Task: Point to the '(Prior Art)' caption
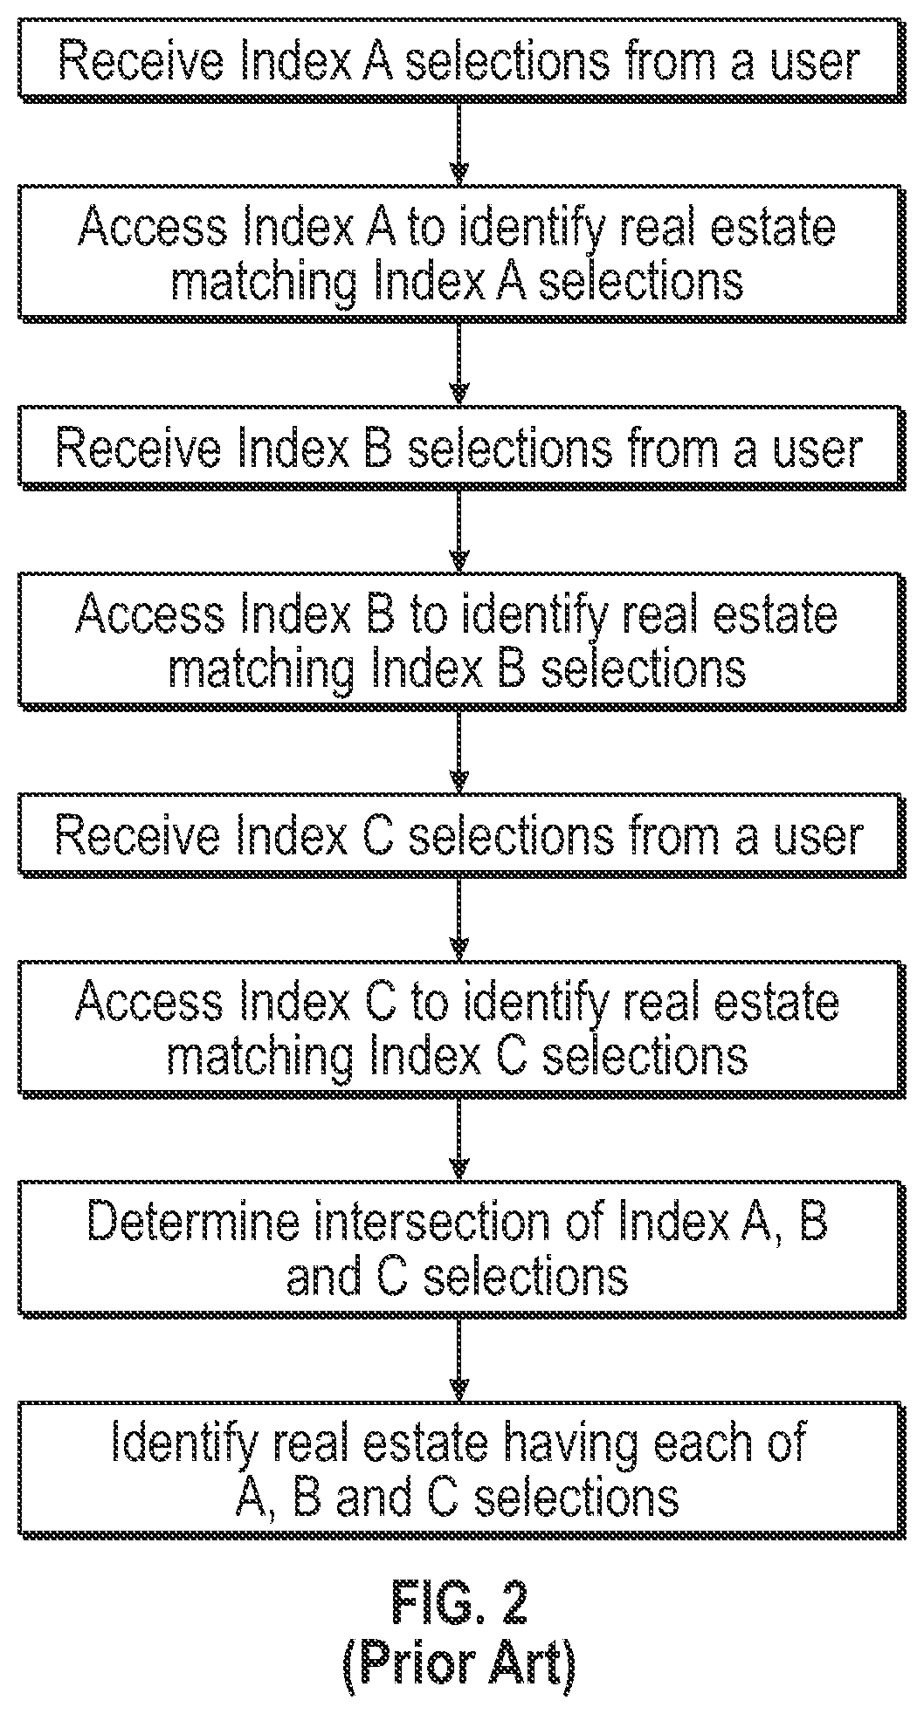459,1663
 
